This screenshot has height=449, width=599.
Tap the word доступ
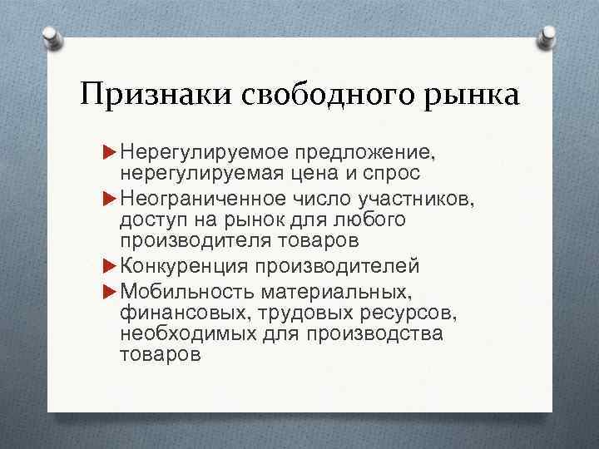pos(149,220)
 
